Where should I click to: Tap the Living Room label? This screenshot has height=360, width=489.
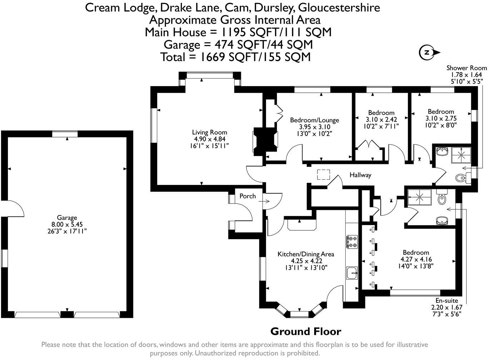[209, 132]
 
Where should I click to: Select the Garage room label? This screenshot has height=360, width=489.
[67, 217]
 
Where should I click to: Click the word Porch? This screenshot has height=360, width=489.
[247, 196]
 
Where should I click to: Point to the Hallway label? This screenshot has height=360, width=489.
[360, 175]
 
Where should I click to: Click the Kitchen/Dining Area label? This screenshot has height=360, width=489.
[306, 254]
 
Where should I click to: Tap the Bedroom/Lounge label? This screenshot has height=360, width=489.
[314, 120]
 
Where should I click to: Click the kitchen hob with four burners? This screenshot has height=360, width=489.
[351, 241]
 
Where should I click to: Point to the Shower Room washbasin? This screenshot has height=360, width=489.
[442, 151]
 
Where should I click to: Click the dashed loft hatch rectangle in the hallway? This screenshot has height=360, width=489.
[324, 174]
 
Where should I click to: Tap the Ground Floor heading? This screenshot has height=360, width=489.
[306, 331]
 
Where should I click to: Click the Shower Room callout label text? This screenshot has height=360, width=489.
[466, 68]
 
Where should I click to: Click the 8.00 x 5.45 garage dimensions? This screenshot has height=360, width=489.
[67, 224]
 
